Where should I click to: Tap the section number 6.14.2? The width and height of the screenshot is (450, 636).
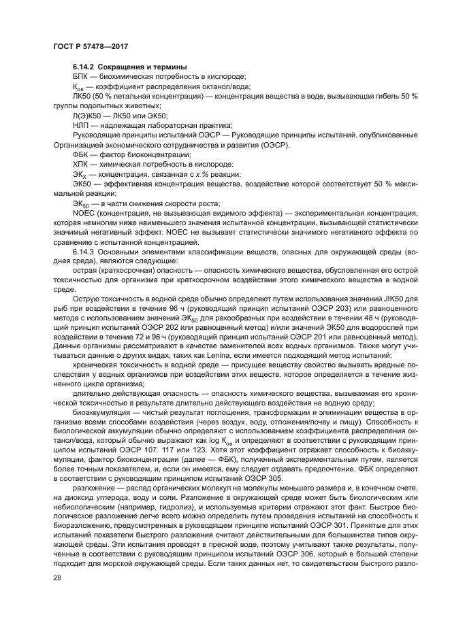coord(84,67)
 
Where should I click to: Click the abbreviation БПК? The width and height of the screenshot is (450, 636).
coord(81,76)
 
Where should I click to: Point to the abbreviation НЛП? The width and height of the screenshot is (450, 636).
coord(81,125)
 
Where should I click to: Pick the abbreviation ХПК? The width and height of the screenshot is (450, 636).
coord(81,164)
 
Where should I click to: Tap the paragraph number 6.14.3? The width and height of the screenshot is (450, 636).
coord(84,252)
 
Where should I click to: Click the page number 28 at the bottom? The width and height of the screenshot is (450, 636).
coord(57,597)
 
